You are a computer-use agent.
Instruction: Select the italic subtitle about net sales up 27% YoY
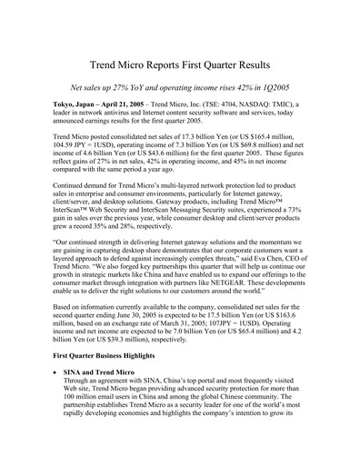click(x=180, y=92)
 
